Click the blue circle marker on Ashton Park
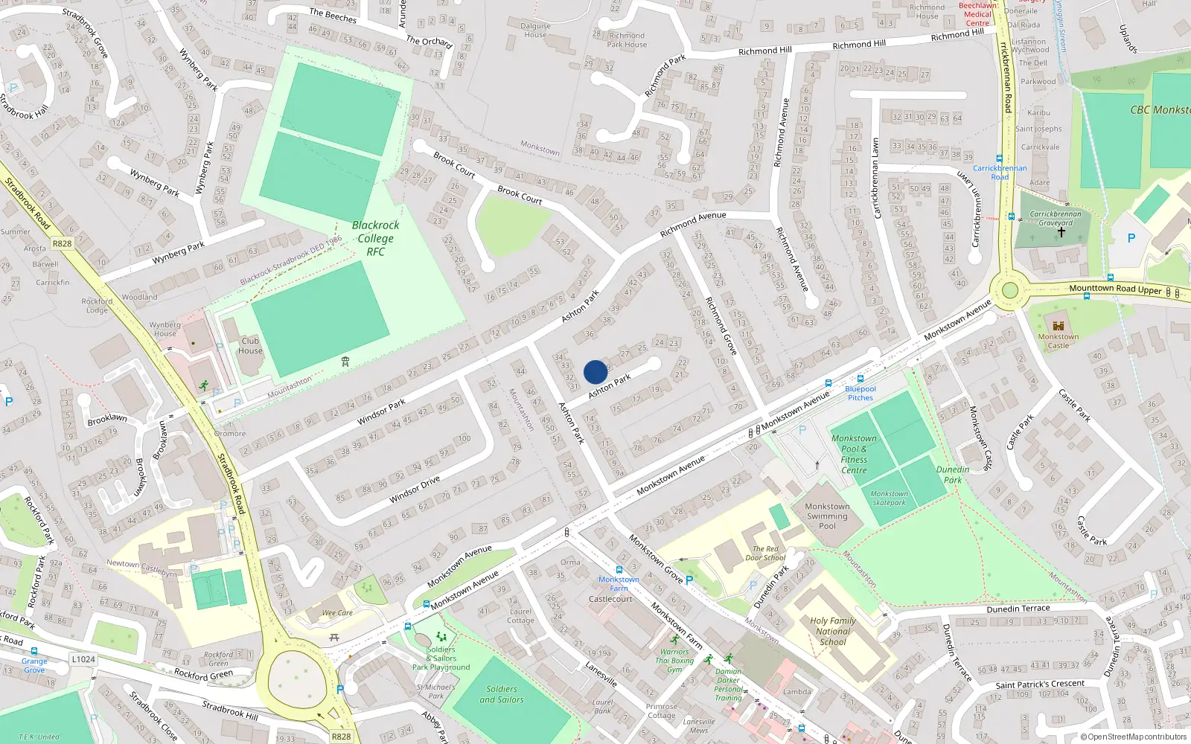coord(595,372)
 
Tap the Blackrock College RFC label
coord(375,238)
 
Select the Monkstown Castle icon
coord(1059,325)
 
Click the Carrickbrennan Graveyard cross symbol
coord(1061,232)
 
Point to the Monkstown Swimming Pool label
coord(827,516)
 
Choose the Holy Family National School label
coord(833,631)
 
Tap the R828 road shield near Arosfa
coord(63,243)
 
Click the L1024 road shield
coord(83,659)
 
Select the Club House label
coord(250,346)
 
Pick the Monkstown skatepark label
coord(889,498)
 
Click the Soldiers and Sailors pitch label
coord(501,694)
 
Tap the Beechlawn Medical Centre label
coord(977,14)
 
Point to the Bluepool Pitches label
coord(860,393)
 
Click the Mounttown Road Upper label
coord(1115,289)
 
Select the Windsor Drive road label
coord(415,490)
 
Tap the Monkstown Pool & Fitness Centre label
coord(854,454)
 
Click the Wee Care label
coord(337,613)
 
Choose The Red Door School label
coord(765,554)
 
